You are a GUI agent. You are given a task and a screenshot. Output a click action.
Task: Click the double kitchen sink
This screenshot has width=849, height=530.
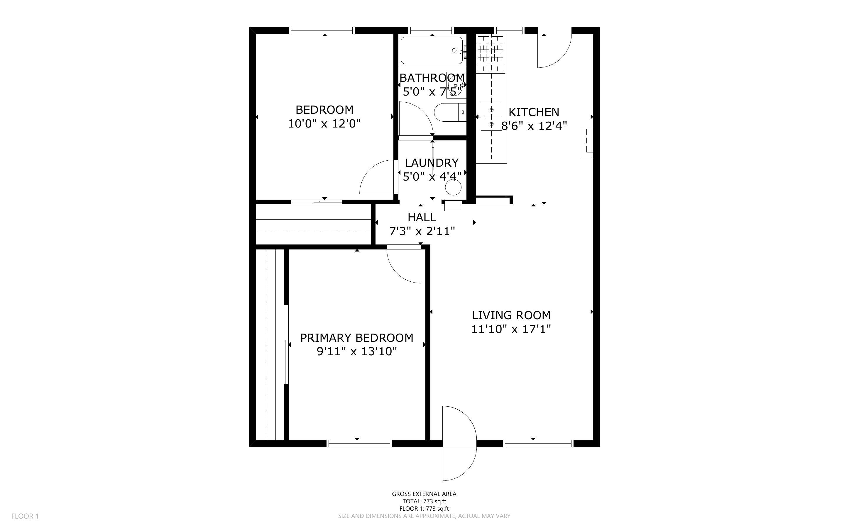point(491,117)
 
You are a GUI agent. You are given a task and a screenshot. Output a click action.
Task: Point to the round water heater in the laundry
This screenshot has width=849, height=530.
point(453,188)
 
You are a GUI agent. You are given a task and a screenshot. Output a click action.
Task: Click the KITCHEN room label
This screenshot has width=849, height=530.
point(534,112)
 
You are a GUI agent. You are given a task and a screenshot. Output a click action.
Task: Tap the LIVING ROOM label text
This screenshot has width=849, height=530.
point(511,315)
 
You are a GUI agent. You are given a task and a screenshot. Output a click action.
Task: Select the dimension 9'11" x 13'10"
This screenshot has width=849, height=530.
point(357,351)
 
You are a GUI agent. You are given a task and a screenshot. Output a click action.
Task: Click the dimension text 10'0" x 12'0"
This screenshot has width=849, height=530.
point(324,124)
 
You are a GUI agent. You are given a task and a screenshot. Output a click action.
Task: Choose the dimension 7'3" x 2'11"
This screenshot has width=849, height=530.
point(422,231)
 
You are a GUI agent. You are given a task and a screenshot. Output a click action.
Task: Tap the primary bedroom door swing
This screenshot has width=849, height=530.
point(404,264)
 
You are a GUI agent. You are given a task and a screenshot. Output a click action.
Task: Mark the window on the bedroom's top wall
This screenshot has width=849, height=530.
point(322,30)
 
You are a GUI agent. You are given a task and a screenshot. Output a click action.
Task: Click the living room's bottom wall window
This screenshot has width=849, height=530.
point(538,444)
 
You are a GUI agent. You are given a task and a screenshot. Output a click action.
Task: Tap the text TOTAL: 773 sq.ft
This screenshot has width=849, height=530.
point(424,501)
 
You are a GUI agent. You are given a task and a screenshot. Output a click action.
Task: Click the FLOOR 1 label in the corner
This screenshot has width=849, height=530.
point(25,516)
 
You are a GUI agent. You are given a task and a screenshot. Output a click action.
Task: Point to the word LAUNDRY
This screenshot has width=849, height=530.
point(432,163)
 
